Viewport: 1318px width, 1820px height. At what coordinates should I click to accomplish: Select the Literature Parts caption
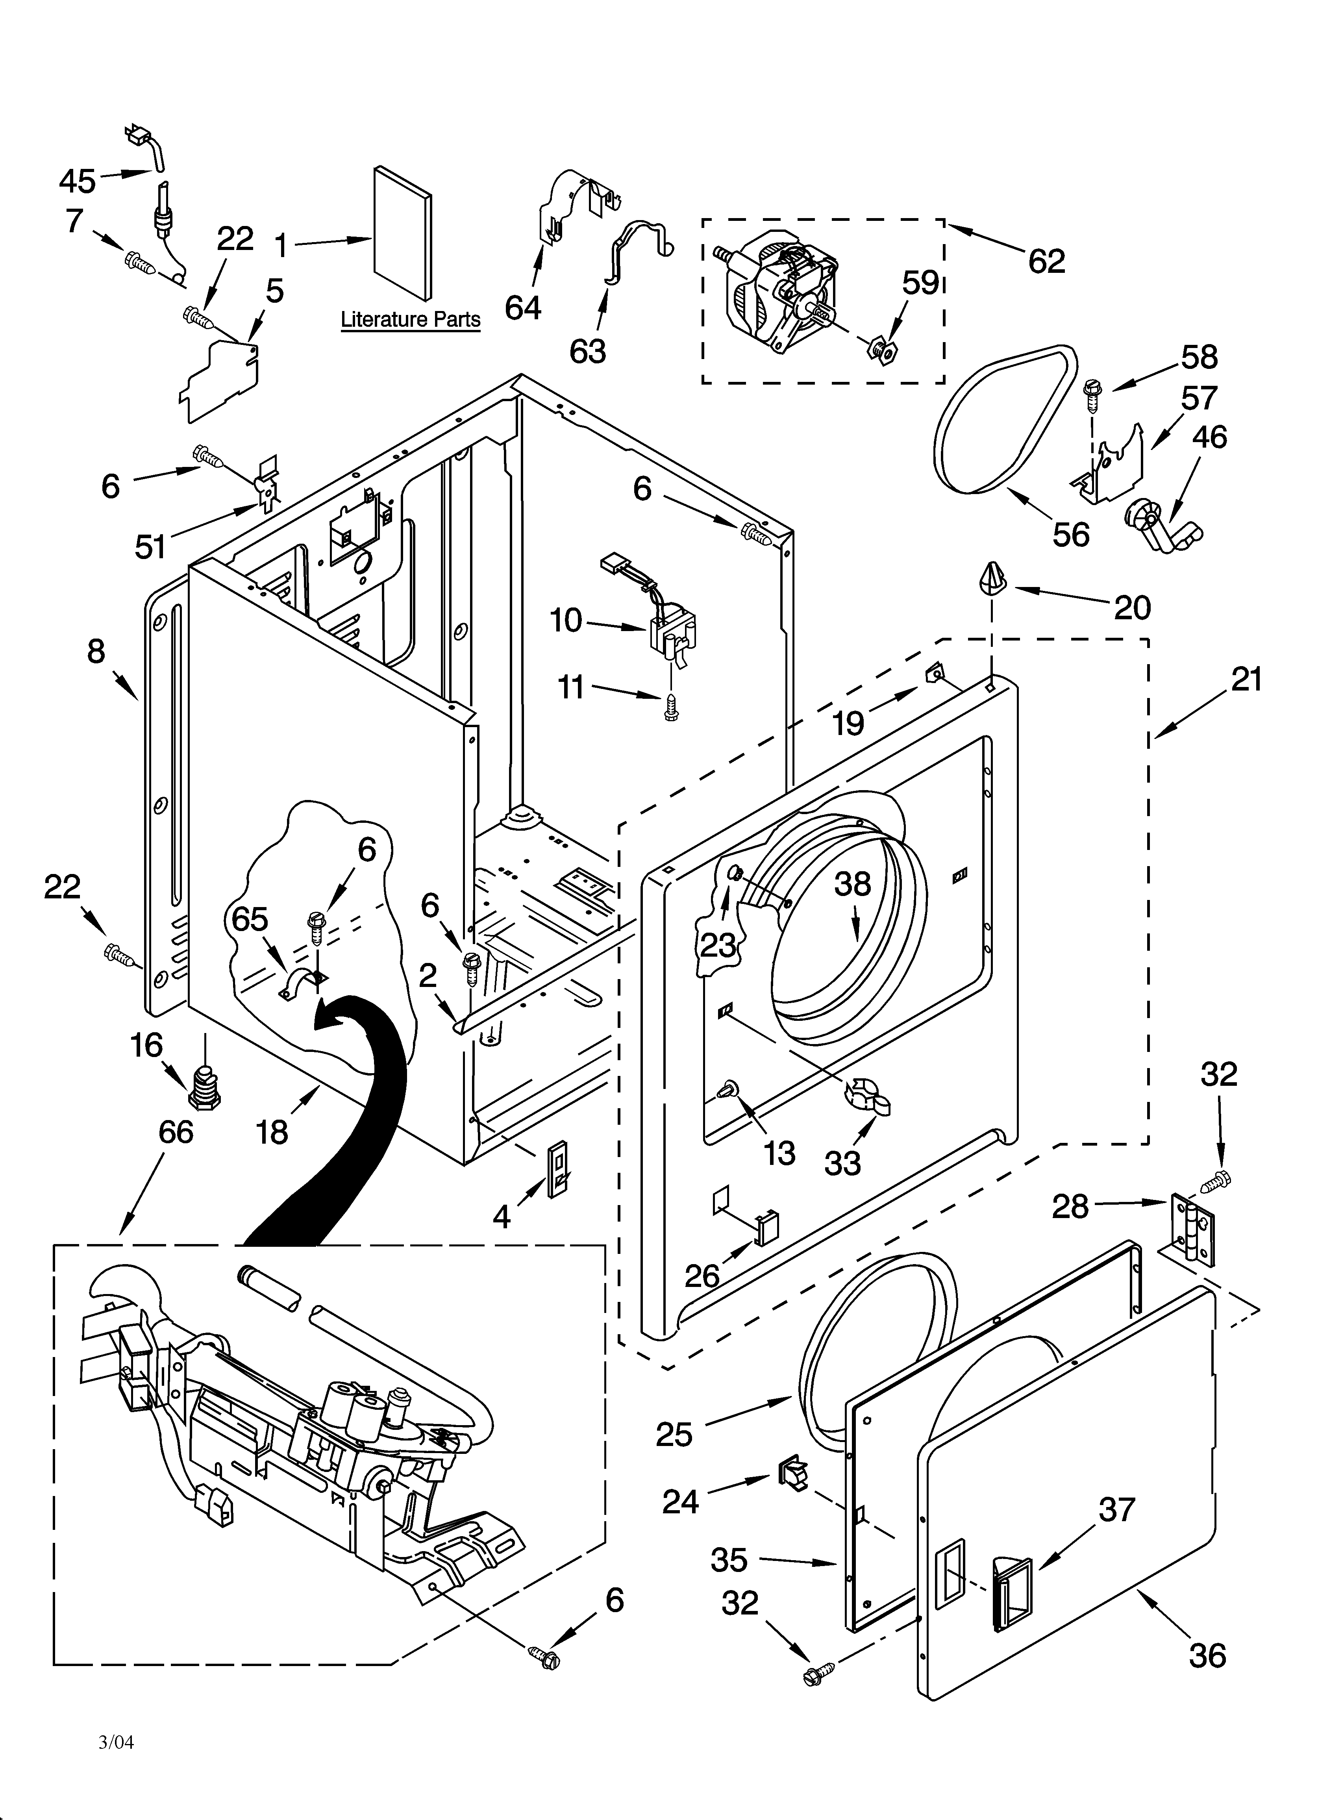tap(410, 319)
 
